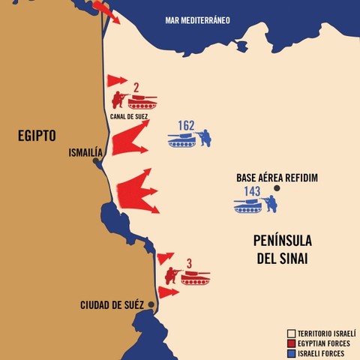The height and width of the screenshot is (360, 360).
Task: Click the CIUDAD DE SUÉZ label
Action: click(113, 305)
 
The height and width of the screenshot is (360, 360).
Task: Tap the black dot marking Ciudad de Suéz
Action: click(151, 304)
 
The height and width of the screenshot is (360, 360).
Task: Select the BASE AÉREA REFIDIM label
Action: click(277, 178)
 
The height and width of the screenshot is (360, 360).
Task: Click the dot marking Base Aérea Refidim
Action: click(277, 188)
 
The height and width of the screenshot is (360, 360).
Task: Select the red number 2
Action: click(136, 88)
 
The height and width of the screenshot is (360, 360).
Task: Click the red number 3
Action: click(189, 263)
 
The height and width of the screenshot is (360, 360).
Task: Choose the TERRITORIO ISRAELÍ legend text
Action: click(326, 331)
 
